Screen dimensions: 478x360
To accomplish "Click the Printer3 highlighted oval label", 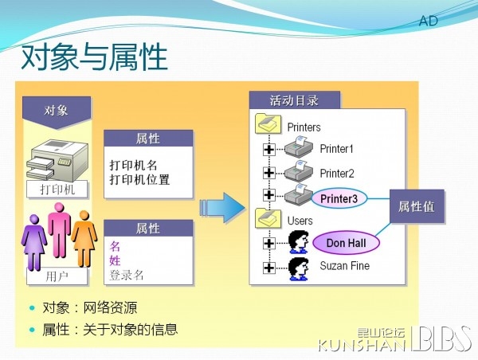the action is [x=339, y=198].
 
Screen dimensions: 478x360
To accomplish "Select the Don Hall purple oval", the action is [x=347, y=243].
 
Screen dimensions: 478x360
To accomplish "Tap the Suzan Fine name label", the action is [x=344, y=266].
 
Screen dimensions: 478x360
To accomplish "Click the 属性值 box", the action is [x=417, y=206].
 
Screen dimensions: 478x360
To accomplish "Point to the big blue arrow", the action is [x=222, y=208].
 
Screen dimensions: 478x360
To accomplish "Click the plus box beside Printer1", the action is [x=269, y=150].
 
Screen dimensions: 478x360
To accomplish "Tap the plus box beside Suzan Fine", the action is [x=269, y=268].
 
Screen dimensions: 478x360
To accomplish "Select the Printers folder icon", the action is [x=268, y=123].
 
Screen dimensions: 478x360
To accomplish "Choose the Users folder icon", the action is [x=268, y=218].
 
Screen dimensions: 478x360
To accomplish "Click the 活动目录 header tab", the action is [x=295, y=100].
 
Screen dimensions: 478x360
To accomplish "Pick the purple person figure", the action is [x=33, y=242].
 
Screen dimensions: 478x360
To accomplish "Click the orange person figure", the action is [x=84, y=239].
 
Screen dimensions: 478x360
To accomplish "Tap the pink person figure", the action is [x=59, y=231].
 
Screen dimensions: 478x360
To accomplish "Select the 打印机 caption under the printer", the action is [x=57, y=190].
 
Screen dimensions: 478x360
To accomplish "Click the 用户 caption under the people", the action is [x=57, y=276].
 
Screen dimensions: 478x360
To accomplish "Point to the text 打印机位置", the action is [x=139, y=179].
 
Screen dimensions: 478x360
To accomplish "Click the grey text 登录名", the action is [x=127, y=275].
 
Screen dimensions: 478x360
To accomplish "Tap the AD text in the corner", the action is [x=429, y=21].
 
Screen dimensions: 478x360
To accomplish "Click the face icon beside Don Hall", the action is [x=299, y=242].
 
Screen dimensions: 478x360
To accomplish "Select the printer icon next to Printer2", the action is [x=299, y=170].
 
